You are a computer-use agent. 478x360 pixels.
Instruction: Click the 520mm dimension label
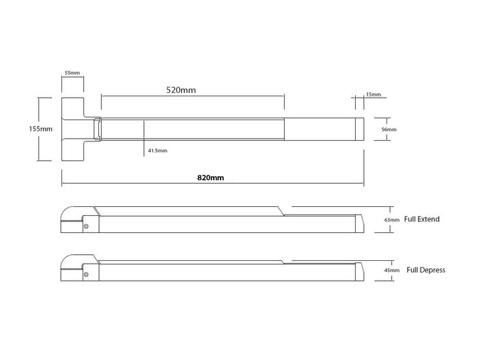click(181, 90)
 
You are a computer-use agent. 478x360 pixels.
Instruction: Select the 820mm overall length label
click(210, 178)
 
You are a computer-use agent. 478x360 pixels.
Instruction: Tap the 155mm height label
click(40, 128)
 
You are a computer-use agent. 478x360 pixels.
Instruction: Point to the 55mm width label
click(72, 72)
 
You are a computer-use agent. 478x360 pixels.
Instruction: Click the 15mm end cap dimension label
click(374, 94)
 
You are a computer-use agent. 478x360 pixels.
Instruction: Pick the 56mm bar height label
click(389, 129)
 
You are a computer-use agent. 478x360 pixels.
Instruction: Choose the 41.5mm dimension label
click(158, 150)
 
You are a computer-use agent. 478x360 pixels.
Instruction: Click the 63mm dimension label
click(392, 220)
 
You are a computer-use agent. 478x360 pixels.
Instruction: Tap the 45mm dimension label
click(392, 271)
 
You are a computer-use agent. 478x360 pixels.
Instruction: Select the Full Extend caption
click(422, 219)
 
